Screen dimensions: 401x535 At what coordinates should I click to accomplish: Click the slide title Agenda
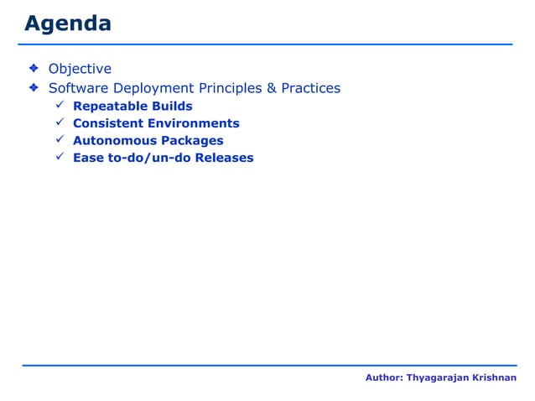point(67,23)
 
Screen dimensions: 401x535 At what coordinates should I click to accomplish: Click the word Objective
point(80,69)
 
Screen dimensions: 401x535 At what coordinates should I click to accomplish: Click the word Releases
point(224,158)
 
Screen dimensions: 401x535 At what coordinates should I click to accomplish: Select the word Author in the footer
point(383,379)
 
